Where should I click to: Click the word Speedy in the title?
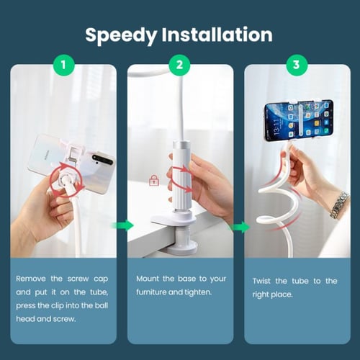tap(121, 35)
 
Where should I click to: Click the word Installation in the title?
tap(217, 35)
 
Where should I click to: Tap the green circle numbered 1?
tap(63, 65)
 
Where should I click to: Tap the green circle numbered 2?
tap(179, 65)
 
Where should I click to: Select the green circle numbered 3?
tap(297, 65)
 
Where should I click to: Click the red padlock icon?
tap(154, 180)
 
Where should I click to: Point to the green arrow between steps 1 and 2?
tap(122, 226)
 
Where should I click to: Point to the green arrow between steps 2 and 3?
tap(240, 227)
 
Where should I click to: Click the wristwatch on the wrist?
tap(339, 204)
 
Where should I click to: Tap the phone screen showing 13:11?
tap(299, 120)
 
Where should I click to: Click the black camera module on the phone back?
tap(103, 159)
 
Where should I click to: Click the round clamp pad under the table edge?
tap(183, 248)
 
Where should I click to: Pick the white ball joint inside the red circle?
tap(66, 179)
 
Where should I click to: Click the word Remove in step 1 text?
tap(31, 279)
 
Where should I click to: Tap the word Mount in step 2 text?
tap(148, 279)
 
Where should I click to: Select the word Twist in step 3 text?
tap(261, 281)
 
